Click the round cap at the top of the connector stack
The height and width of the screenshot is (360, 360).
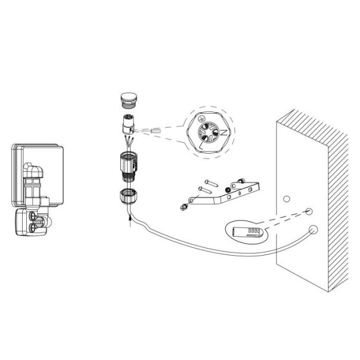coord(127,98)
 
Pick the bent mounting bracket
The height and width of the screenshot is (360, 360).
coord(232,193)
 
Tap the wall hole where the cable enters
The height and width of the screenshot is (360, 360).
coord(313,230)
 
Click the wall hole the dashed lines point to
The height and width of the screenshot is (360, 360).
coord(309,212)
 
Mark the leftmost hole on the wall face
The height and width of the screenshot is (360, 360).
coord(286,198)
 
